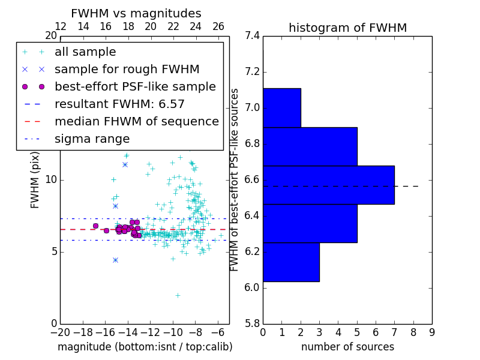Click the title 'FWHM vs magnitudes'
[x=136, y=13]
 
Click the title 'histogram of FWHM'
[x=347, y=28]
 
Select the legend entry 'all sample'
[x=85, y=52]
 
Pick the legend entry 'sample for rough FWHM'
[x=127, y=69]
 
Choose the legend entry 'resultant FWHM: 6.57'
[x=119, y=104]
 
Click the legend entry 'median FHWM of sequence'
[x=136, y=121]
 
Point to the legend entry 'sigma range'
[x=92, y=139]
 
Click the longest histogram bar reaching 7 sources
[x=328, y=185]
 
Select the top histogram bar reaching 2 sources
[x=281, y=107]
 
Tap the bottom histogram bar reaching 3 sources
[x=291, y=262]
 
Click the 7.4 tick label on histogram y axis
[x=252, y=36]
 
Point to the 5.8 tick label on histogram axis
[x=252, y=323]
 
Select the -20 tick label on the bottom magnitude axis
[x=60, y=331]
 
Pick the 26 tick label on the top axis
[x=218, y=26]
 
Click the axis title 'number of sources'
[x=347, y=347]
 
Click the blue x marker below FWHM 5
[x=115, y=260]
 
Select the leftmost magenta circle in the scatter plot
[x=95, y=226]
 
